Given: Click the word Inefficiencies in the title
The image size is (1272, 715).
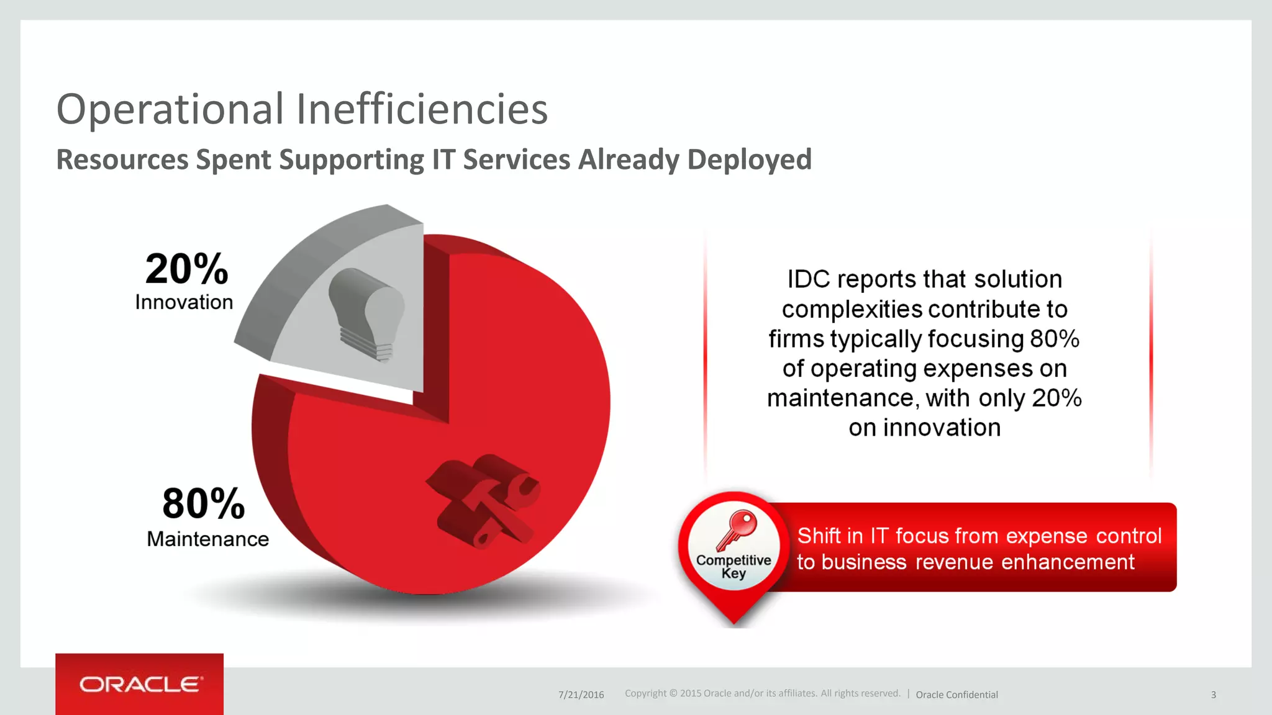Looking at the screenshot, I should (x=422, y=109).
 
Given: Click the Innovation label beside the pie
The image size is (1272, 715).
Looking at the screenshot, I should (x=184, y=302).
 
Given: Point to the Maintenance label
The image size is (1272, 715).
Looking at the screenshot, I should (x=207, y=539).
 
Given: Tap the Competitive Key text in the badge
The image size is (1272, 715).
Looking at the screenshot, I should (x=734, y=566).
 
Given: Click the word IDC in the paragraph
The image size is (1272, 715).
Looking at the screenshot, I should (x=808, y=279).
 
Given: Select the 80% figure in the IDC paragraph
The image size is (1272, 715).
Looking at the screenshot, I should (x=1054, y=339).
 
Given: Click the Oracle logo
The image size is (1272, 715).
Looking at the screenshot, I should (x=140, y=684).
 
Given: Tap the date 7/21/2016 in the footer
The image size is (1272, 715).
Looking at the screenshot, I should (x=581, y=695).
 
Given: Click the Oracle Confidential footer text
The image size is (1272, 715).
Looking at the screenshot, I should (x=956, y=695).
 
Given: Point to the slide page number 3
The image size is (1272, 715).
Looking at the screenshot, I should (x=1213, y=695).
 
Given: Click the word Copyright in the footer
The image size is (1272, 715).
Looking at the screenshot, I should (x=645, y=693).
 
